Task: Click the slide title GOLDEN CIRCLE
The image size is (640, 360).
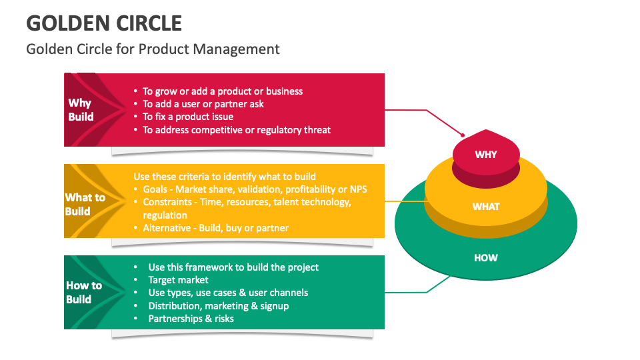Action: point(104,23)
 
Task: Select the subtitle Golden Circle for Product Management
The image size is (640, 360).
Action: point(153,49)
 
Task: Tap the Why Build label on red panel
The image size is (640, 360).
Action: point(81,110)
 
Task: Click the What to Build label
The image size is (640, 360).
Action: point(85,204)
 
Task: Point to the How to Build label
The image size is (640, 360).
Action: point(83,292)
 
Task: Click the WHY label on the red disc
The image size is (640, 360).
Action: point(485,155)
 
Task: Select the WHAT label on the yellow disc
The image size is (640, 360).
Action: point(485,207)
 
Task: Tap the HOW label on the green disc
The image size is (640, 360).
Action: point(485,258)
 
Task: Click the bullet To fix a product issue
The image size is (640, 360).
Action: point(188,117)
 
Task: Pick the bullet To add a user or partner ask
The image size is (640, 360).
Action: point(203,104)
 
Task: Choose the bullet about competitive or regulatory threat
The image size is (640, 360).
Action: point(237,130)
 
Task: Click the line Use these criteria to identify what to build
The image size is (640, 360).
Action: point(225,177)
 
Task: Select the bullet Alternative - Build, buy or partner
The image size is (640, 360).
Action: point(215,228)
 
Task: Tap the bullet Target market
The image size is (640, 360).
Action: point(178,280)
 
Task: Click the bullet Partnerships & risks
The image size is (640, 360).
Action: point(191,319)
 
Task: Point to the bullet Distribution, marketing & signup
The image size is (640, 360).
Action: point(218,306)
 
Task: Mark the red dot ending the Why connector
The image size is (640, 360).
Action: point(463,135)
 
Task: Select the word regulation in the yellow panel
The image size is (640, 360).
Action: point(165,215)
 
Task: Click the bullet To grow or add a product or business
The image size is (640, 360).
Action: point(223,91)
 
